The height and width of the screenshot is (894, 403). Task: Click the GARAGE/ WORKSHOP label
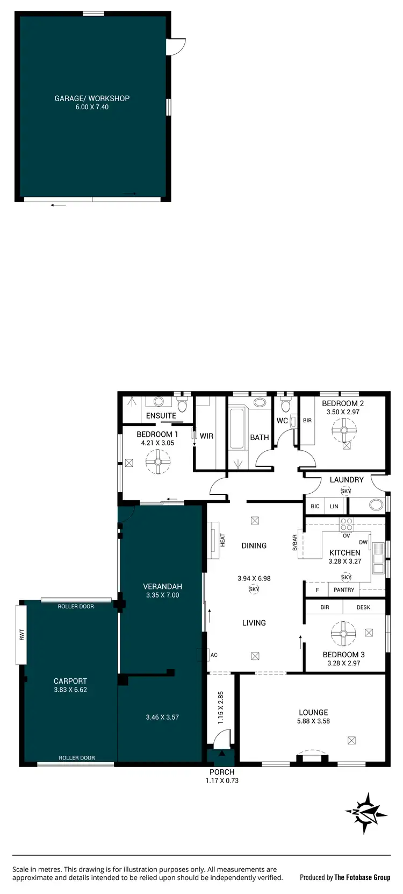(x=92, y=98)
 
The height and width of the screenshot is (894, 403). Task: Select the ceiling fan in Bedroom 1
(x=158, y=462)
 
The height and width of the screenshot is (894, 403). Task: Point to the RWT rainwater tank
(x=21, y=635)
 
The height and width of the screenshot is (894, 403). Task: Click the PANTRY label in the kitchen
(x=344, y=590)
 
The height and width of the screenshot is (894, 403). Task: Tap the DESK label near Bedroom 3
(x=363, y=607)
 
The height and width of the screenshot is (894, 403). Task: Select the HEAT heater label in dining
(x=222, y=540)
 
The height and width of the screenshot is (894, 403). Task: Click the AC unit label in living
(x=214, y=655)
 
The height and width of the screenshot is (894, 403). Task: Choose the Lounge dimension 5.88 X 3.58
(x=313, y=721)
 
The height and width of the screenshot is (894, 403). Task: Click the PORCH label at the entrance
(x=222, y=772)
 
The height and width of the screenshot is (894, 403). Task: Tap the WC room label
(x=282, y=421)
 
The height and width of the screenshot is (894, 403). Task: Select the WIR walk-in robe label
(x=206, y=436)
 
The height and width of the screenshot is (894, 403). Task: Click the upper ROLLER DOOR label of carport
(x=76, y=606)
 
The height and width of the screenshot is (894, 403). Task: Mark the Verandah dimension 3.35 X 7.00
(x=162, y=595)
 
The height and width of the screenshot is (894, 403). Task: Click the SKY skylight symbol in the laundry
(x=346, y=491)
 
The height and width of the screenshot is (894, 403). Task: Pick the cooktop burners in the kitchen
(x=347, y=524)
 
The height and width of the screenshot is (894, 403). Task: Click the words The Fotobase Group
(x=362, y=877)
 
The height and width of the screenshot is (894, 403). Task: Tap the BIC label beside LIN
(x=315, y=506)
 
